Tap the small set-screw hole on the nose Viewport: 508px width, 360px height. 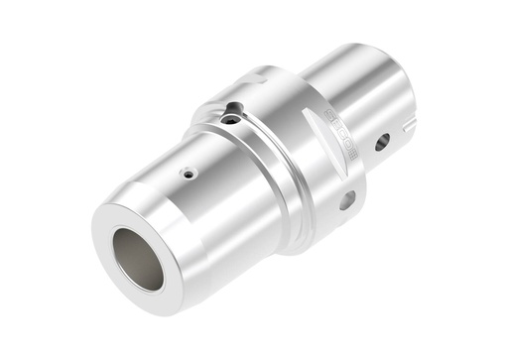189,174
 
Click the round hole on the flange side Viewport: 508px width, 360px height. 346,200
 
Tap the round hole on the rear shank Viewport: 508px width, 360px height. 382,142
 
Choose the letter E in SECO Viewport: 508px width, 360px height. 335,123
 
